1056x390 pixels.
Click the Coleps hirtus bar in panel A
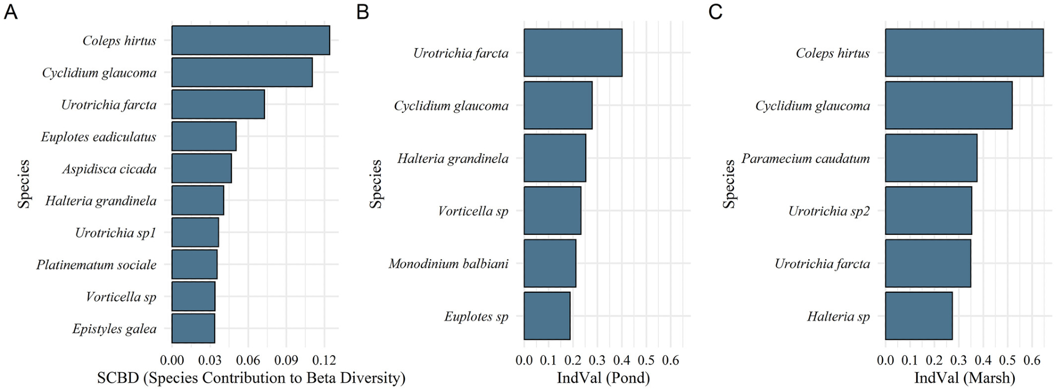point(250,40)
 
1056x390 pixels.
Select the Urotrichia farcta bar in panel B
point(573,53)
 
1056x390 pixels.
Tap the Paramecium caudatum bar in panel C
point(931,158)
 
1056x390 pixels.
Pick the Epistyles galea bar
point(193,328)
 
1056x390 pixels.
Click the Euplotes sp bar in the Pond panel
point(547,316)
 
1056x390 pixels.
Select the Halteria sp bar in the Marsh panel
point(919,316)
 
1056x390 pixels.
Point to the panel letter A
point(11,12)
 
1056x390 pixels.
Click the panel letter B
point(362,12)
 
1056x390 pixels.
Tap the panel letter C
point(715,12)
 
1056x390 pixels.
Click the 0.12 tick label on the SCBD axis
point(324,360)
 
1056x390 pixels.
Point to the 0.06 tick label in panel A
point(248,360)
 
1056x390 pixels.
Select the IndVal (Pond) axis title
point(603,378)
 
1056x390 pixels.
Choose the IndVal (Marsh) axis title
point(965,378)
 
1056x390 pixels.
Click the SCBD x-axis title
point(251,378)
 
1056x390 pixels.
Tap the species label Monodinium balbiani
point(448,263)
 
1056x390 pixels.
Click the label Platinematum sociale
point(96,264)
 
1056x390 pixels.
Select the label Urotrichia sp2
point(828,211)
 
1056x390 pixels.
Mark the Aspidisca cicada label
point(109,169)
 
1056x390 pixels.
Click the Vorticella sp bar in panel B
point(552,211)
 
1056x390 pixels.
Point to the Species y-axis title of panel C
point(729,184)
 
